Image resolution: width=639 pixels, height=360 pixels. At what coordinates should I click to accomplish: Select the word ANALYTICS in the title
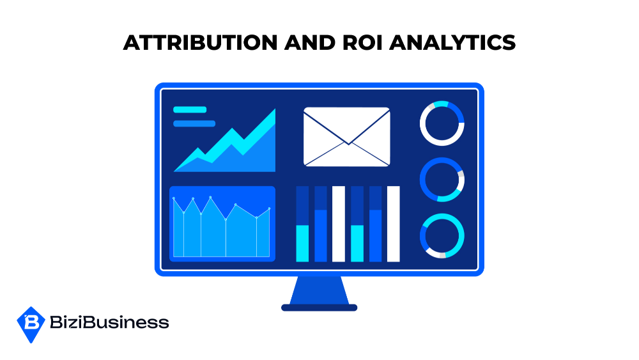452,43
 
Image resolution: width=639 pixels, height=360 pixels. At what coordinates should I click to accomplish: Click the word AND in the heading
310,43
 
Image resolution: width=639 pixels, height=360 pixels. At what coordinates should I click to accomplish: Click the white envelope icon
347,137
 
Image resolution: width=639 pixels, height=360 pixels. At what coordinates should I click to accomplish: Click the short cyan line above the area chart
190,110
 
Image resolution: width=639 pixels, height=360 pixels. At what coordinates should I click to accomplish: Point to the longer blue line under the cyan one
194,123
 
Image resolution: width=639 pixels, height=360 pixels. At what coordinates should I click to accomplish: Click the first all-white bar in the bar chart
339,224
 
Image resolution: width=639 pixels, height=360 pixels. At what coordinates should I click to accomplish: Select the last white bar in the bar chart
393,224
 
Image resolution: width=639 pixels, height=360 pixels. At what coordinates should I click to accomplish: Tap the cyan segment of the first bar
302,243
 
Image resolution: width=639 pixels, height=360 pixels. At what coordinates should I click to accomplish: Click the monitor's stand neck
319,290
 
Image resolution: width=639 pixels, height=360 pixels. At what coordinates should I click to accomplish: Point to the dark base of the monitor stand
319,308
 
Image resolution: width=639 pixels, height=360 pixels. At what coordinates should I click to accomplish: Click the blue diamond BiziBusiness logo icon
31,325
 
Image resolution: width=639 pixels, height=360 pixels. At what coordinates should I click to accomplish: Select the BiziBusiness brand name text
109,322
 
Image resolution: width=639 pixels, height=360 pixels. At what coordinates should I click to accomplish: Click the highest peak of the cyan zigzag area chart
275,110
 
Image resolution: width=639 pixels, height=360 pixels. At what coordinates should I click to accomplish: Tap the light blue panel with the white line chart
222,224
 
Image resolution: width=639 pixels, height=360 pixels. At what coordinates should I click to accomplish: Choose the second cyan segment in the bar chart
357,243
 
